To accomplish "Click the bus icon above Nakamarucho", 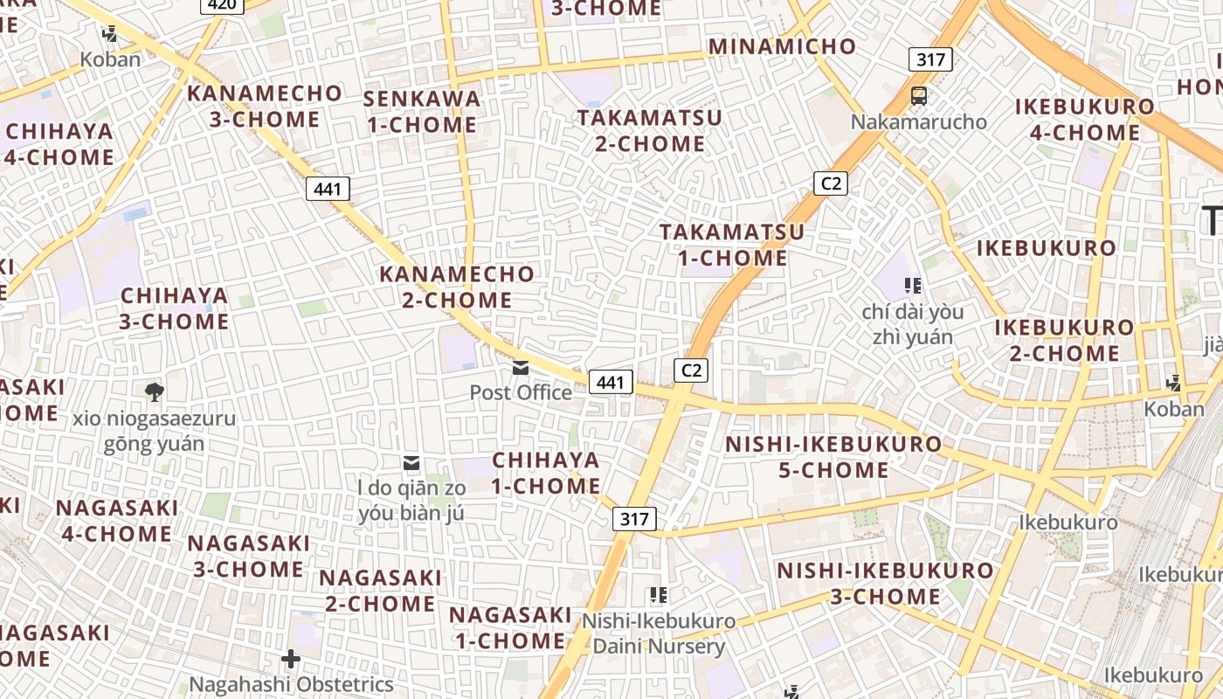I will click(x=918, y=96).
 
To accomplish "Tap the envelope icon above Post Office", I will click(x=521, y=368).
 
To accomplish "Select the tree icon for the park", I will click(x=155, y=391).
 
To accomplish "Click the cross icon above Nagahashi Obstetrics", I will click(x=291, y=658).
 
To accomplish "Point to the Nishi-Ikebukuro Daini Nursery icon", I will click(x=659, y=596).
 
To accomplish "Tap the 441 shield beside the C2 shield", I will click(x=611, y=382).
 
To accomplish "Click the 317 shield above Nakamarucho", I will click(x=930, y=59).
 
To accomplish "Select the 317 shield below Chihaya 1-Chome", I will click(x=634, y=519).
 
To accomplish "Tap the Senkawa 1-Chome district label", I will click(x=422, y=112).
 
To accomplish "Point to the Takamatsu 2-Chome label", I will click(x=649, y=130).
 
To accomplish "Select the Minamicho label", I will click(x=782, y=46).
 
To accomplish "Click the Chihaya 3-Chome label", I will click(x=174, y=308).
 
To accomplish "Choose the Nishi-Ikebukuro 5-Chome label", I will click(x=833, y=457).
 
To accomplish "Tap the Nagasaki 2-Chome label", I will click(x=380, y=591).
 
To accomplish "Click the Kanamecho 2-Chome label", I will click(x=457, y=287).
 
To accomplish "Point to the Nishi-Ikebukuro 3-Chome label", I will click(x=885, y=584).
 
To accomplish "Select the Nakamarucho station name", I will click(x=918, y=121).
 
